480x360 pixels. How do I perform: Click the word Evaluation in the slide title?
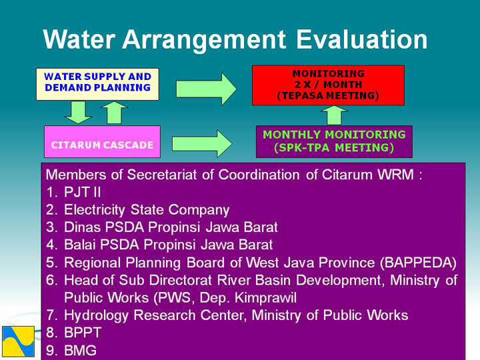(x=362, y=40)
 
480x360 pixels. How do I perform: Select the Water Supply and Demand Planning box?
(x=97, y=84)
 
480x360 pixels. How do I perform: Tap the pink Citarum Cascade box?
(x=102, y=142)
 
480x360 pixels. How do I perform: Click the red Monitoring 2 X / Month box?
(x=328, y=85)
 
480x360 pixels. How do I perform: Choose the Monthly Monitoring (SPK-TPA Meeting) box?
(x=334, y=142)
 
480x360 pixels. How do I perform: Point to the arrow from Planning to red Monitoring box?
(x=206, y=89)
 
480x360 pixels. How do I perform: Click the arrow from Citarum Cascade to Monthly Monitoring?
(x=203, y=144)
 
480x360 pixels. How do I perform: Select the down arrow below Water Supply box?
(x=79, y=113)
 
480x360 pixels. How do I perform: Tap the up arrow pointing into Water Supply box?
(x=114, y=113)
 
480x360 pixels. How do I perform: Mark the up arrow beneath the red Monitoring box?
(x=334, y=115)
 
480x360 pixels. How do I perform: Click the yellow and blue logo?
(x=19, y=341)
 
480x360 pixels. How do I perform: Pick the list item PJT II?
(x=83, y=192)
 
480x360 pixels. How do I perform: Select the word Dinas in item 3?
(x=83, y=227)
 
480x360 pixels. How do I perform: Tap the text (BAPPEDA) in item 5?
(x=418, y=263)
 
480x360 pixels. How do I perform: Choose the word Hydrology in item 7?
(x=96, y=315)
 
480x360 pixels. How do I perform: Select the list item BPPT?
(x=83, y=333)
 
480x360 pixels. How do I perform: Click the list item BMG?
(x=80, y=350)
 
